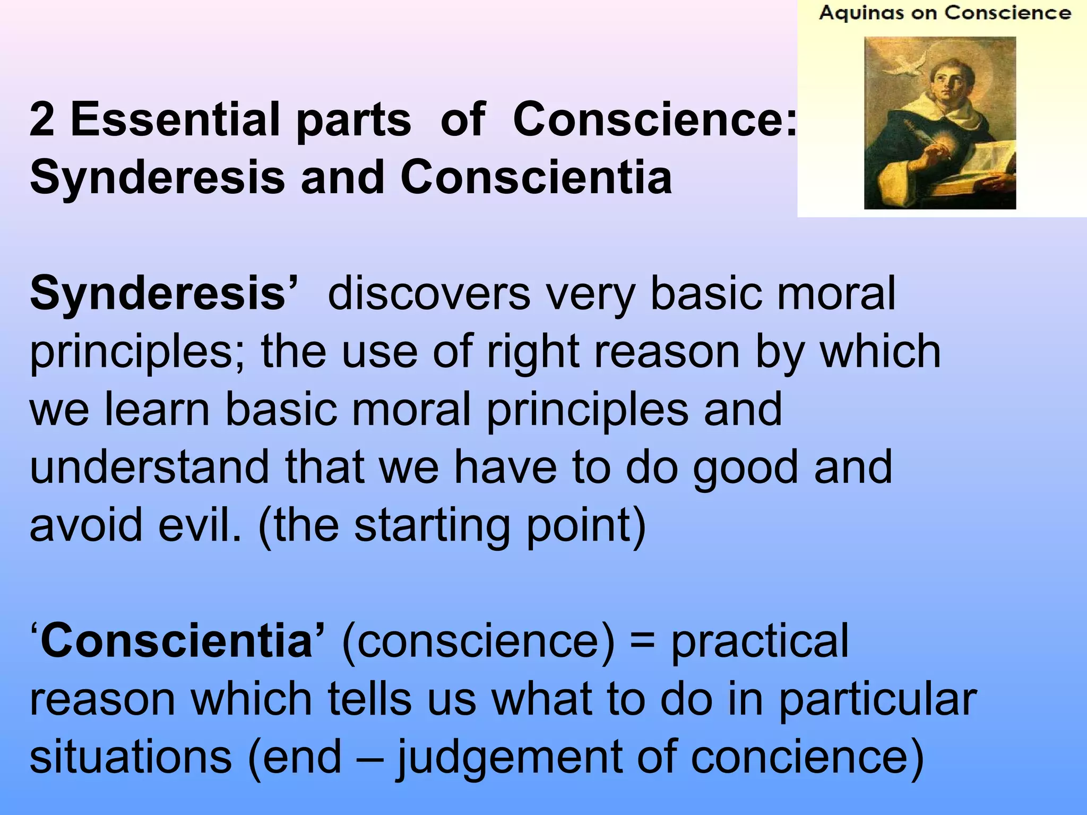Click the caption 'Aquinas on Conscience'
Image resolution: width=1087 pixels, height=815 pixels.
pyautogui.click(x=945, y=13)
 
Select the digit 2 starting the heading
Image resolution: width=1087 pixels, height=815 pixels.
pyautogui.click(x=42, y=119)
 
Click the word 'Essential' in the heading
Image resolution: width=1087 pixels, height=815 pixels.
pyautogui.click(x=175, y=119)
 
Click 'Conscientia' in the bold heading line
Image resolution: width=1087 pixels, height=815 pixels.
pyautogui.click(x=536, y=177)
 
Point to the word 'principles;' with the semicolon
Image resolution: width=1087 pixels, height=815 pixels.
pyautogui.click(x=137, y=352)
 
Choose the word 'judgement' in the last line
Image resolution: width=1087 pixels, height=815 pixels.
pyautogui.click(x=510, y=758)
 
